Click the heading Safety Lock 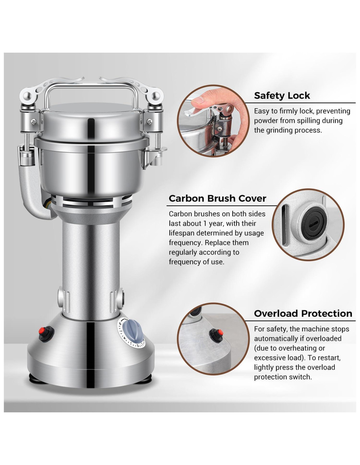(281, 96)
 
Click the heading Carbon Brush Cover (217, 198)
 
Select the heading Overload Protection (303, 314)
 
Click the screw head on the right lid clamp (150, 122)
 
